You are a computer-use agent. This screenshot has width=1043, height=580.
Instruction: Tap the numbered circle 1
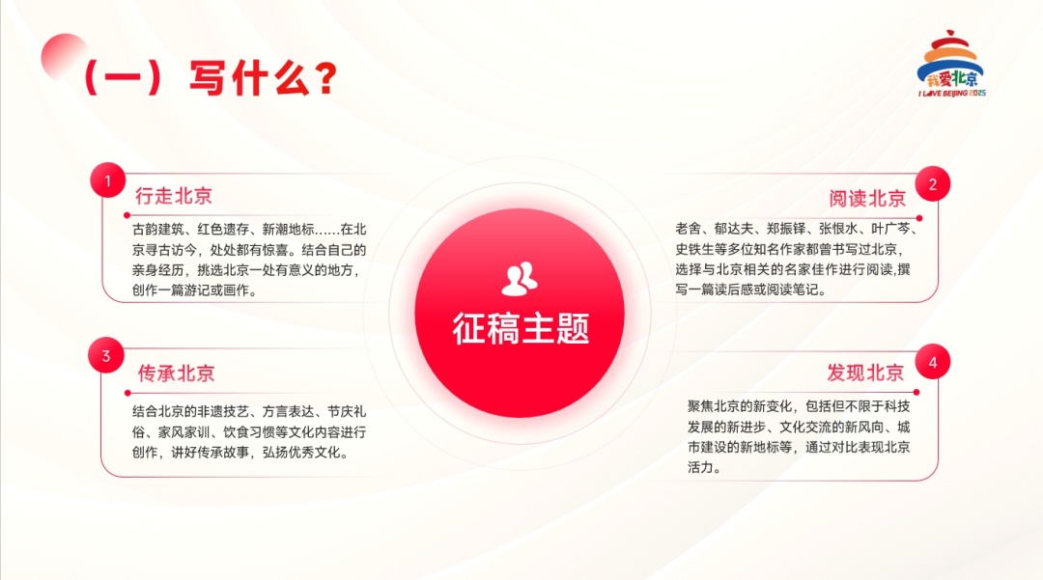[x=107, y=181]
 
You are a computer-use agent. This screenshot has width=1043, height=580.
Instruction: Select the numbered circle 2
[x=933, y=183]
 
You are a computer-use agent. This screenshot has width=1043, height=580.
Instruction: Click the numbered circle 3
[x=106, y=356]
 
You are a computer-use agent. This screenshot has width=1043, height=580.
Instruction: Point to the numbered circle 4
[x=933, y=362]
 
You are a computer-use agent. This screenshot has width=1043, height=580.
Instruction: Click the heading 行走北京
[x=174, y=196]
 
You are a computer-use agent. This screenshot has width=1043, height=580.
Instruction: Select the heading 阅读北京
[x=867, y=199]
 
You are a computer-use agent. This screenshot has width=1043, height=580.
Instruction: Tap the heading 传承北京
[x=176, y=373]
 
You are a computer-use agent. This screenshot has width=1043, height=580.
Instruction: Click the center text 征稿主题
[x=521, y=329]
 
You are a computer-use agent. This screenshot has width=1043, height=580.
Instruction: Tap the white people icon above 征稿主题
[x=520, y=278]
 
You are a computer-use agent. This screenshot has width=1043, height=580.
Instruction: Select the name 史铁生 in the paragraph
[x=693, y=250]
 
